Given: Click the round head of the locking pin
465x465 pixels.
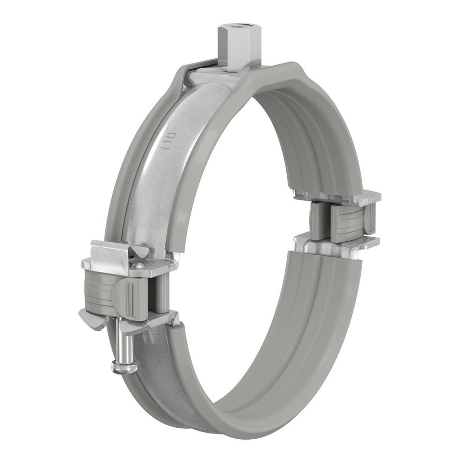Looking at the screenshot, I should click(x=125, y=367).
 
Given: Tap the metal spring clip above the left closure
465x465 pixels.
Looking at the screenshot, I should click(x=111, y=253).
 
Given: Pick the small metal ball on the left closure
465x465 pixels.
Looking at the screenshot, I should click(x=138, y=266).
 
